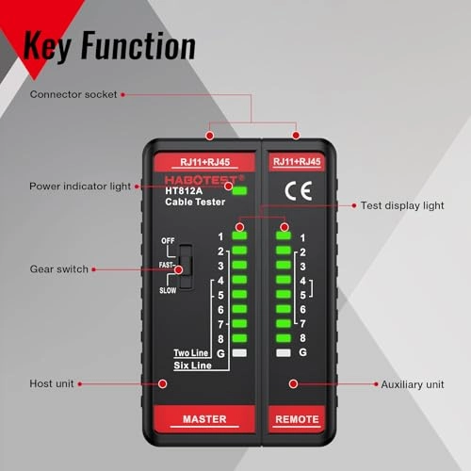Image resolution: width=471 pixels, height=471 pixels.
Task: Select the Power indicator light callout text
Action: (x=80, y=186)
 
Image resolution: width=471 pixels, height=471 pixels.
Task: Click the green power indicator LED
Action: (x=240, y=191)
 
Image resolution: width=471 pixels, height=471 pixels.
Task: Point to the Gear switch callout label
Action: (x=58, y=269)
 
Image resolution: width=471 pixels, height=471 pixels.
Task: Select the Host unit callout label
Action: (x=52, y=384)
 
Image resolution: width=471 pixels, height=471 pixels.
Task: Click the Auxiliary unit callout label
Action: (x=413, y=384)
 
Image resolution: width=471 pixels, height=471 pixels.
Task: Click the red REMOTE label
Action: (x=296, y=419)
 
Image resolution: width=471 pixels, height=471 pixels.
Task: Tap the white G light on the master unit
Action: (x=240, y=351)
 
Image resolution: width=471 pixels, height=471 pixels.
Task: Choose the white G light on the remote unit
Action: (x=283, y=351)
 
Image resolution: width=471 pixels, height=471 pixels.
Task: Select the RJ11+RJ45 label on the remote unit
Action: (x=296, y=161)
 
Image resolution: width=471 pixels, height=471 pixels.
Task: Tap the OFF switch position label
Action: (x=168, y=241)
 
